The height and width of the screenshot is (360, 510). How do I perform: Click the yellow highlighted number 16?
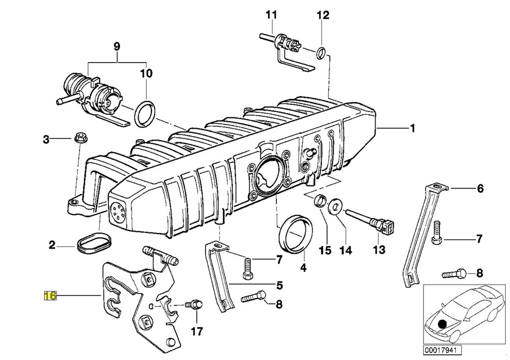pos(50,295)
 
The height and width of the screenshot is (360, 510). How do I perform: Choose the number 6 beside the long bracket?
pos(480,188)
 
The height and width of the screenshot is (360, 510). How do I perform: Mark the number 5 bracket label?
pos(279,285)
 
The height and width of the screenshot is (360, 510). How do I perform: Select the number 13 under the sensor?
pos(378,250)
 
